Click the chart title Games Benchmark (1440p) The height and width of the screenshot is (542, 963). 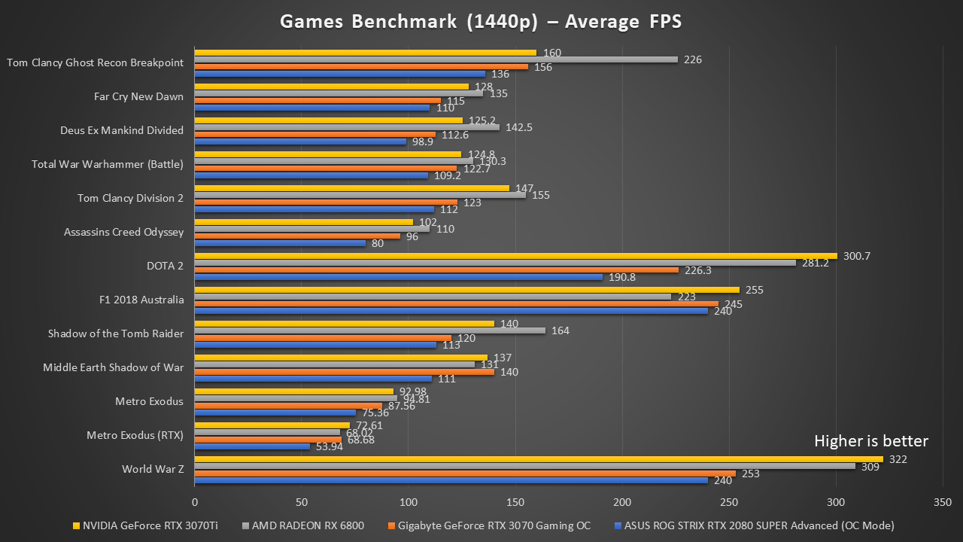click(481, 21)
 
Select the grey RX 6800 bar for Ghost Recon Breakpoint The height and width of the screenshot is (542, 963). click(436, 59)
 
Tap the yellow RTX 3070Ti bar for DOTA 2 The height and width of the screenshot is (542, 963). click(515, 256)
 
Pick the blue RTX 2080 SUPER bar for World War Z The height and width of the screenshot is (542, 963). click(451, 480)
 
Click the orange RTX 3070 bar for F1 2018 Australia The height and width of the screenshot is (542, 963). click(457, 304)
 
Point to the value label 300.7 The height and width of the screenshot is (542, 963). click(858, 256)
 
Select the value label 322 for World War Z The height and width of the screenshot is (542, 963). click(898, 459)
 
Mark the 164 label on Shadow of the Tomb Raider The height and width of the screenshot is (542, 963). click(562, 330)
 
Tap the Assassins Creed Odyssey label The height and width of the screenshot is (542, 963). click(123, 232)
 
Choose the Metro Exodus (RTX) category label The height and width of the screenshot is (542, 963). click(135, 435)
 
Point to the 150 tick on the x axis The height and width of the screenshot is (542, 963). click(515, 501)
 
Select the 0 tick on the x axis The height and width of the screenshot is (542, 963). click(195, 501)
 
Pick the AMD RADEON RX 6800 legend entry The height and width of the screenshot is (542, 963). click(305, 525)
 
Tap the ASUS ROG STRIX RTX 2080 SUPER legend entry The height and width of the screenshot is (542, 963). click(754, 525)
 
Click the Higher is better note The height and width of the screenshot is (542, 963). click(871, 441)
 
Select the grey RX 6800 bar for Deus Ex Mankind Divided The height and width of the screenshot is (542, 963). click(347, 127)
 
